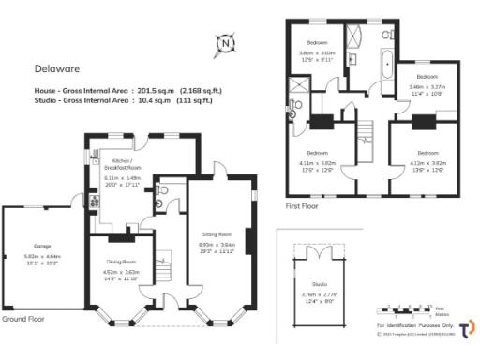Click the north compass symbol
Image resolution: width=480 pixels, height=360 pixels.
(225, 43)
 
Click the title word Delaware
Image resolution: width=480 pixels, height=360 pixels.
(58, 68)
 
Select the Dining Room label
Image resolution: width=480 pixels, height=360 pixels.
(121, 262)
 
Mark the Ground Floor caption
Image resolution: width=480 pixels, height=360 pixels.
(25, 319)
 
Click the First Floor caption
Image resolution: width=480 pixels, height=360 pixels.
(303, 204)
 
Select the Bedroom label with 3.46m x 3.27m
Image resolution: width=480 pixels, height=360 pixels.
(427, 76)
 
